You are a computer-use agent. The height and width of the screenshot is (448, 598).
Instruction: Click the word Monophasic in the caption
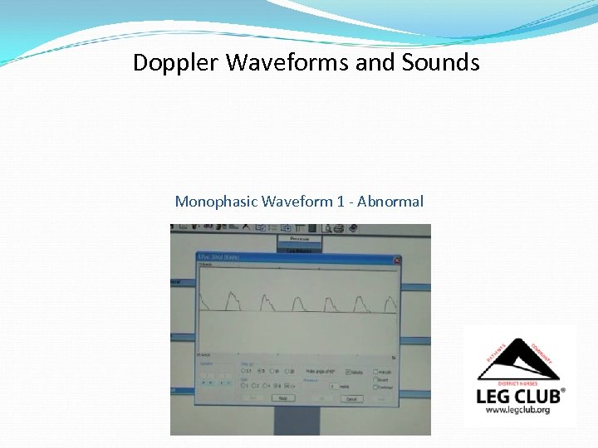coord(216,202)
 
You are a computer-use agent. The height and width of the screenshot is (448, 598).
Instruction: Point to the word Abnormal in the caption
coord(390,202)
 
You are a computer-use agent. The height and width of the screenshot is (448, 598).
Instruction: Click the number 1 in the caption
coord(340,202)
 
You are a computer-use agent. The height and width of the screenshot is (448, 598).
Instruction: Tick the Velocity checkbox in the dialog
coord(348,372)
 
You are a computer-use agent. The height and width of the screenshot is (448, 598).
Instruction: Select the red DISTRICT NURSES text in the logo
coord(520,382)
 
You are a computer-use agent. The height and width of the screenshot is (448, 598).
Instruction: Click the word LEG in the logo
coord(493,396)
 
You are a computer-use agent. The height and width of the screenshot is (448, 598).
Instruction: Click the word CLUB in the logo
coord(537,396)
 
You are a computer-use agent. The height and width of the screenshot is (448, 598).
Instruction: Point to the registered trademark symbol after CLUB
coord(564,390)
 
